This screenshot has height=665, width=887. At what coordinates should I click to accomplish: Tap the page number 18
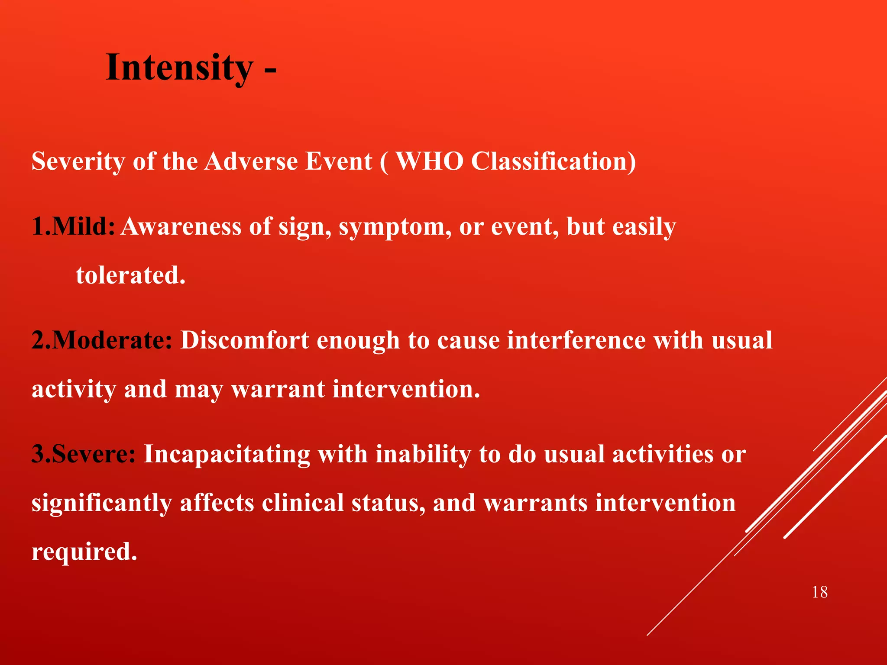tap(819, 592)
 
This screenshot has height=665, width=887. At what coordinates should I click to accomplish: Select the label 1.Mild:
tap(73, 226)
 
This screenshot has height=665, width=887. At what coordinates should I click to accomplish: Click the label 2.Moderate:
tap(102, 340)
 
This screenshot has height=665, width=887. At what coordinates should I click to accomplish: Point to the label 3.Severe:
tap(84, 454)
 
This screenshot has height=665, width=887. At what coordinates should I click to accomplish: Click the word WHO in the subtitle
tap(429, 161)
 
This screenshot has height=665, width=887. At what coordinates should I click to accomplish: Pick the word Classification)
tap(553, 161)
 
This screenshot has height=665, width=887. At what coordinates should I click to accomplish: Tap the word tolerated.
tap(130, 275)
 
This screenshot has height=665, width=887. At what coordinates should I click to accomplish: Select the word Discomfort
tap(245, 340)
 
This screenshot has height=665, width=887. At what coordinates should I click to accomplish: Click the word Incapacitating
tap(227, 454)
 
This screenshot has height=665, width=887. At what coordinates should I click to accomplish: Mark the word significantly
tap(101, 504)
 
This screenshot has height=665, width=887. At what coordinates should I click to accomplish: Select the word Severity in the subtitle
tap(78, 161)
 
